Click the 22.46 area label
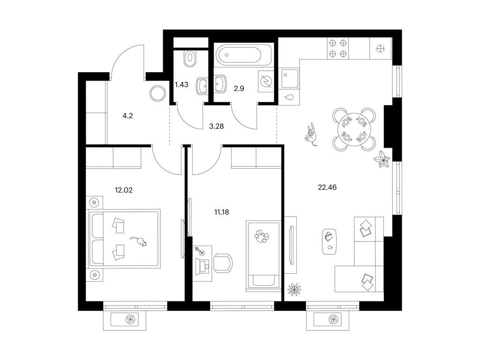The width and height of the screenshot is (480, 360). coord(327,187)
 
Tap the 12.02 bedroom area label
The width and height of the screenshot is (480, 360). coord(124,190)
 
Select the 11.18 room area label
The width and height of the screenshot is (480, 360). coord(222,212)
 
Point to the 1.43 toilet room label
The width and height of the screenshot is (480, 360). coord(181,84)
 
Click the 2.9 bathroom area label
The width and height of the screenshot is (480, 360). coord(239,89)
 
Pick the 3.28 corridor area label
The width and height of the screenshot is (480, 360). coord(217,126)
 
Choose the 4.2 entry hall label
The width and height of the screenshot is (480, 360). coord(127,116)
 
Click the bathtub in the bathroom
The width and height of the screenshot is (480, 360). coord(243,55)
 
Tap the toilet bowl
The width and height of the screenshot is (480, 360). coord(190,59)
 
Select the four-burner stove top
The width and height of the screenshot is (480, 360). coord(338,48)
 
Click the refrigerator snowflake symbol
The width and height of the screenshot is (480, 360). coord(381,48)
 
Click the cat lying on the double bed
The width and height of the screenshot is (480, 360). coord(139,241)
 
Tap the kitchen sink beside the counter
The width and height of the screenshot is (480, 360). coord(290,78)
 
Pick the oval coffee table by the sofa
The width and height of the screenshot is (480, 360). coord(330,241)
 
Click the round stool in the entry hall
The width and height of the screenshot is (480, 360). coord(158,93)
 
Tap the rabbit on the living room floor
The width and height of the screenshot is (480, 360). coord(311,135)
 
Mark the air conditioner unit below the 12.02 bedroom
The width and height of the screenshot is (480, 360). coord(125,320)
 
